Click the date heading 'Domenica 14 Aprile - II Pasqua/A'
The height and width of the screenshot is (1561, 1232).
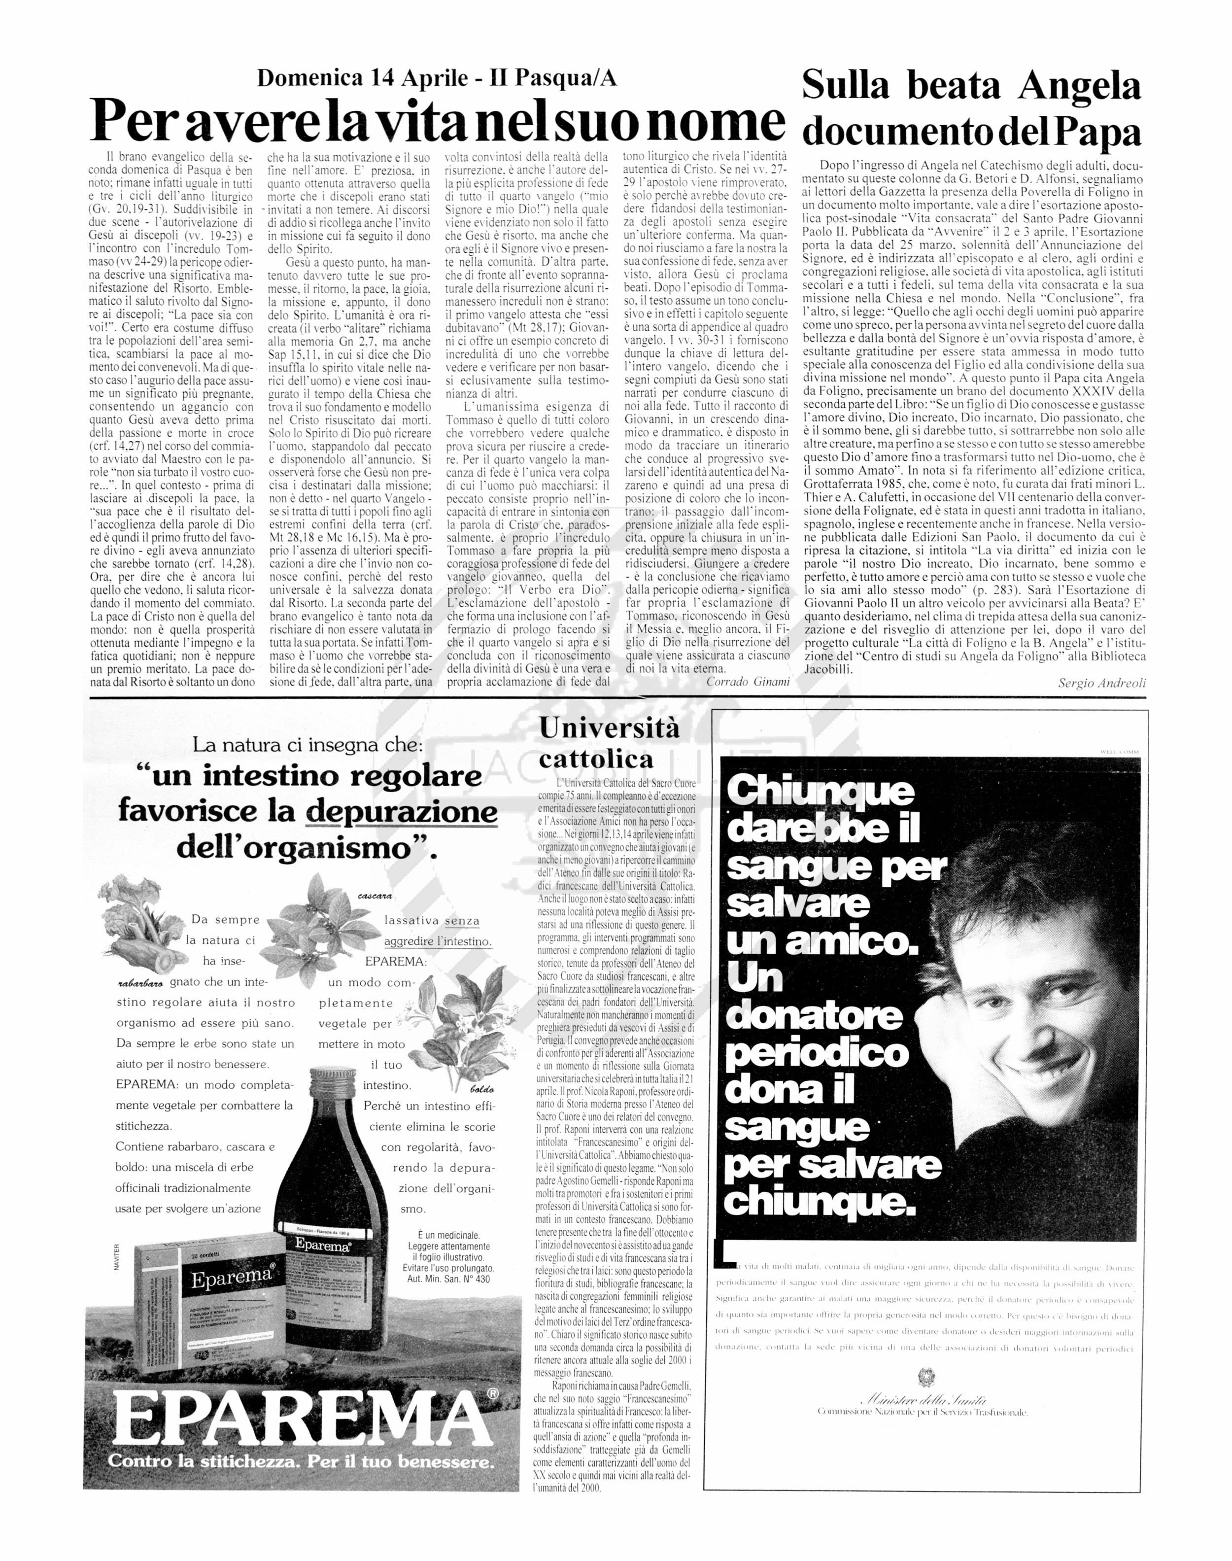tap(437, 78)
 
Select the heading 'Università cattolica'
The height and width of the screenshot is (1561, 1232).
tap(610, 743)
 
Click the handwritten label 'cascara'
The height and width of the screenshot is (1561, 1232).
tap(375, 896)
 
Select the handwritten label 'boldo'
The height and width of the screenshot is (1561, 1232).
tap(482, 1089)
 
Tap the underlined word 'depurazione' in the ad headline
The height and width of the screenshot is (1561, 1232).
tap(402, 812)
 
